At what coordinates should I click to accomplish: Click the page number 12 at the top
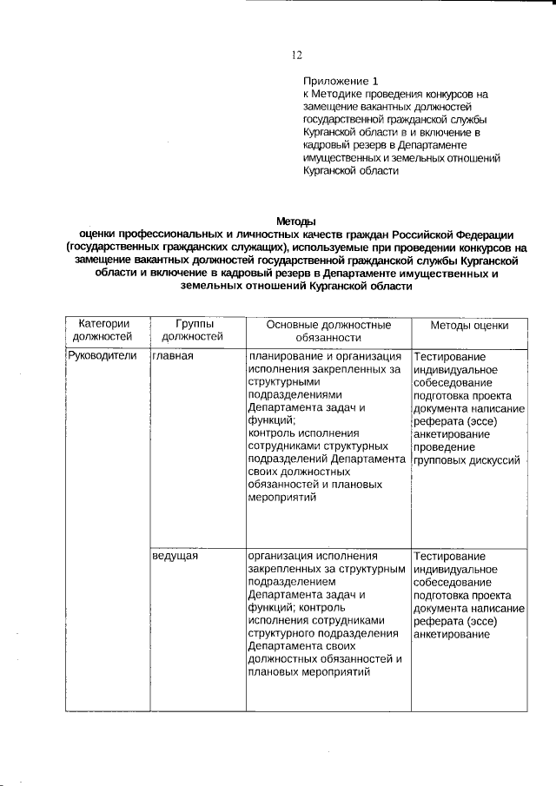(296, 56)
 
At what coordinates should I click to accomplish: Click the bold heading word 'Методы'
(295, 221)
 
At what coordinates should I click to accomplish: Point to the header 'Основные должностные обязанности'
(327, 330)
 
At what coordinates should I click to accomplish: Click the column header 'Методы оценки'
(470, 325)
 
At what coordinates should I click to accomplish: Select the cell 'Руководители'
(102, 356)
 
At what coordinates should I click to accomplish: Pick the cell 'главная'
(172, 356)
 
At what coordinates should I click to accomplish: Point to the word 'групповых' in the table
(443, 459)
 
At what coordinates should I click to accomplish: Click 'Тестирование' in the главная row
(450, 356)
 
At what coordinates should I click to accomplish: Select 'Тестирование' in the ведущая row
(450, 555)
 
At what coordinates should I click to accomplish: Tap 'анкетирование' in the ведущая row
(453, 633)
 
